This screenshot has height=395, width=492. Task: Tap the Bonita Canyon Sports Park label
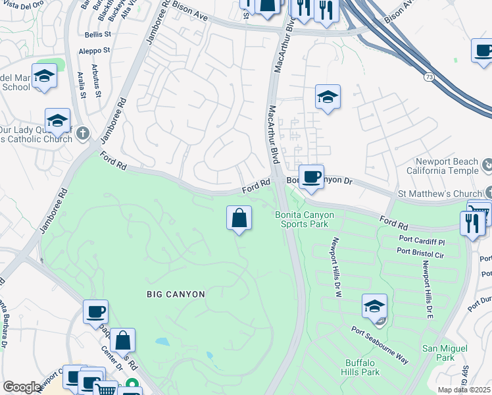click(x=304, y=219)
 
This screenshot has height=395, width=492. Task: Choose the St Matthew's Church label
click(x=440, y=194)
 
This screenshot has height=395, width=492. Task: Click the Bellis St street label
click(x=99, y=34)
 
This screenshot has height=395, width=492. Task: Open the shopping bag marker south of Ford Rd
click(x=239, y=218)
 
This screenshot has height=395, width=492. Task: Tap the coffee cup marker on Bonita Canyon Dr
click(x=311, y=176)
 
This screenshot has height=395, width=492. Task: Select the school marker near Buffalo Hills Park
click(x=374, y=306)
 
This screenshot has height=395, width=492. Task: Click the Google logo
click(x=22, y=387)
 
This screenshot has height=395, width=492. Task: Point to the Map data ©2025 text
click(x=464, y=390)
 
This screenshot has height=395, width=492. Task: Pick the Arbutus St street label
click(x=97, y=80)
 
